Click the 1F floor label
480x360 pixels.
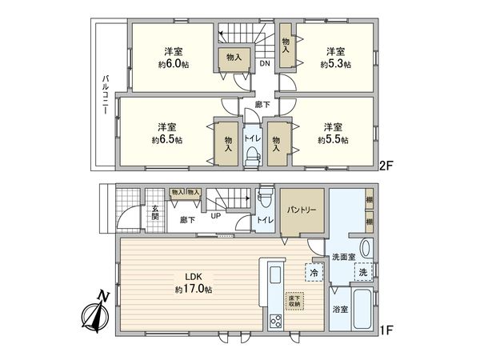click(x=386, y=327)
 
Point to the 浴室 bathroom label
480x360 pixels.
click(x=340, y=307)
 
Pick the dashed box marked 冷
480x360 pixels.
click(x=312, y=273)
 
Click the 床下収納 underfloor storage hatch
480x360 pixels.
click(x=296, y=302)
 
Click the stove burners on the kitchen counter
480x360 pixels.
click(x=275, y=320)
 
